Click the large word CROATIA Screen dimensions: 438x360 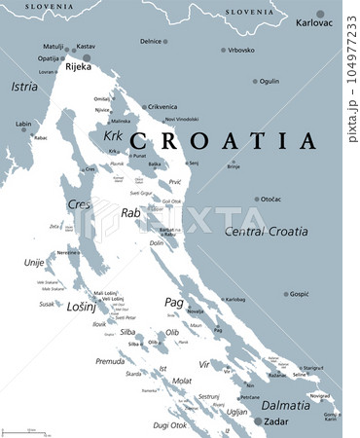(x=223, y=141)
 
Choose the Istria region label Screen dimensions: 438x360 (x=24, y=87)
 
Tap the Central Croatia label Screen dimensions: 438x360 (x=266, y=232)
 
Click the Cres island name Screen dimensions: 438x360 (x=78, y=204)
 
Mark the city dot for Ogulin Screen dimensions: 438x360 (x=256, y=82)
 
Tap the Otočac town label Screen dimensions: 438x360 (x=271, y=199)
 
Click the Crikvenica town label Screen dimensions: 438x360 (x=162, y=107)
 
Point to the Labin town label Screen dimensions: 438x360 (x=23, y=124)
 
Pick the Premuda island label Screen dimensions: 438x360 (x=110, y=360)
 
